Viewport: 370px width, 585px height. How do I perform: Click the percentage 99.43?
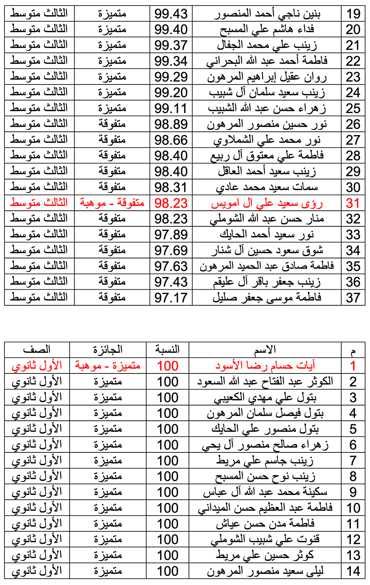pos(171,14)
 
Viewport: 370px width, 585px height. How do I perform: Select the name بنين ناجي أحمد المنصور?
pos(267,14)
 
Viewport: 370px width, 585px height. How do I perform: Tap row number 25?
pos(353,109)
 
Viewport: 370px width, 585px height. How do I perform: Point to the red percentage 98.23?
pos(171,203)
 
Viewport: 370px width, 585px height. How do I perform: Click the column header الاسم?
pos(265,350)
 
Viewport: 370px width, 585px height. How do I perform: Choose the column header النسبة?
pos(167,350)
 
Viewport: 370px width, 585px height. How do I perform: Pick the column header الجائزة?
pos(108,350)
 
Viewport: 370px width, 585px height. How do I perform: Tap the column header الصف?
pos(37,350)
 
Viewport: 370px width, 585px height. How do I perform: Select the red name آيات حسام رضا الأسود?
pos(265,366)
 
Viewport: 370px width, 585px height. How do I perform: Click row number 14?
pos(353,571)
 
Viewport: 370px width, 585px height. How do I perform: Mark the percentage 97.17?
pos(171,298)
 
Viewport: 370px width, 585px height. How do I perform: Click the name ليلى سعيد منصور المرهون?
pos(265,571)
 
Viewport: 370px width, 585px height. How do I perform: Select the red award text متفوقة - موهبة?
pos(112,203)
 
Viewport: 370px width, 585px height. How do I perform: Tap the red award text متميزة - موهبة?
pos(108,366)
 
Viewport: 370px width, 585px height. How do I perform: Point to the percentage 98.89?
pos(171,124)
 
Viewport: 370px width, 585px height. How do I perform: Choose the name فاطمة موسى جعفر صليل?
pos(267,298)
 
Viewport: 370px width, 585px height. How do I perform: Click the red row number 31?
pos(353,203)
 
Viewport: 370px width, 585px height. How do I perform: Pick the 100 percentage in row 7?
pos(167,461)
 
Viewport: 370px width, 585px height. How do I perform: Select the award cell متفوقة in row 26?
pos(112,124)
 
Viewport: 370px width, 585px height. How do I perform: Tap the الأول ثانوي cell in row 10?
pos(37,508)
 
